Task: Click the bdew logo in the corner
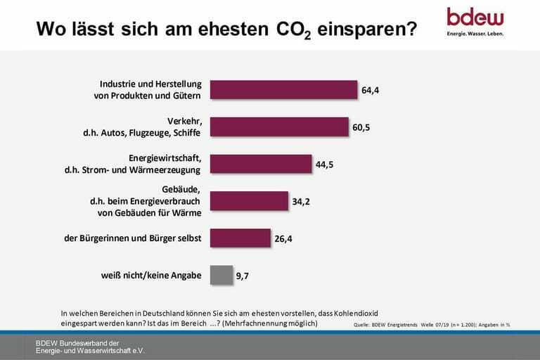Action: pos(475,17)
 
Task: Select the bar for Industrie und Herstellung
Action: pos(284,89)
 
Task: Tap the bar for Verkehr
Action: pos(280,127)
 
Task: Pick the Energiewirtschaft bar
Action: pos(261,164)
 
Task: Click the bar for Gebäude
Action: pos(250,201)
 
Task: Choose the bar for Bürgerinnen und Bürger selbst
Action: pos(240,238)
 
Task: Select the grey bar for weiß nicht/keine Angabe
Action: pos(221,275)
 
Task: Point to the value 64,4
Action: pos(371,90)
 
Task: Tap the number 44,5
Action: pos(325,165)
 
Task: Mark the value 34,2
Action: pos(301,202)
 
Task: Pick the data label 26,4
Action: pos(283,239)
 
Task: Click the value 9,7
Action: pos(243,276)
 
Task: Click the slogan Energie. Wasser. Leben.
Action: pos(475,33)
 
